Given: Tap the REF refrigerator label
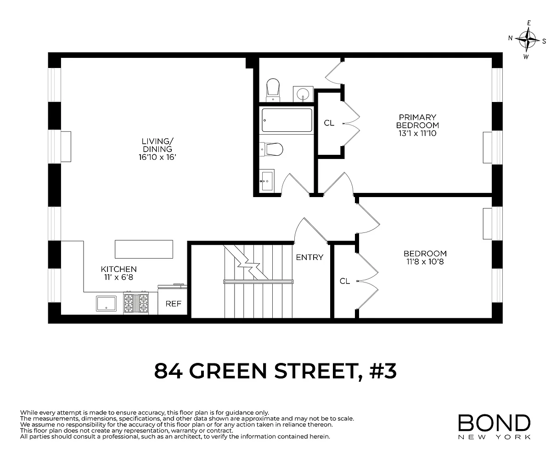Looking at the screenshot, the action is pos(174,304).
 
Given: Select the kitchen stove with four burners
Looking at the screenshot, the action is pos(136,303).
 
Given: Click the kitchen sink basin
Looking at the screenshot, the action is pos(106,304).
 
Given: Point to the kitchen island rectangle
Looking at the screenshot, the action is pos(144,249).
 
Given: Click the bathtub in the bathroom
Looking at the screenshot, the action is pos(287,120).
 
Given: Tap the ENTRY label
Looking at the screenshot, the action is pos(309,257).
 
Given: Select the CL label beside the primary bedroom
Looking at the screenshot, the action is pos(329,123).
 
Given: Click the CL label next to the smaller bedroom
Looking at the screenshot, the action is pos(345,281).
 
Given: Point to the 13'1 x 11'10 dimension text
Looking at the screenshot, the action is pos(417,133).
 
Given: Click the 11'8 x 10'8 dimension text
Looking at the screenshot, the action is pos(425,261).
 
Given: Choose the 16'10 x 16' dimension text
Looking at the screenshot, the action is pos(157,157).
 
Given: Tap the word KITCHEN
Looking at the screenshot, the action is pos(119,269).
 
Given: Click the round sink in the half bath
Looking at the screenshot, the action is pos(303,94).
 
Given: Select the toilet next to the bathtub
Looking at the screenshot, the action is pos(271,149).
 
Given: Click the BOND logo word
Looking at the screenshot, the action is pos(494,423).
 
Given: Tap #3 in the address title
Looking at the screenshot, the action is pos(382,371).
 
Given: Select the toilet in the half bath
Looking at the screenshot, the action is pos(273,90).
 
